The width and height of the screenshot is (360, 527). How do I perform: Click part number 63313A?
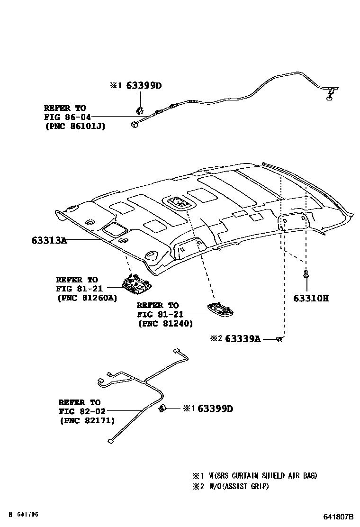click(x=49, y=241)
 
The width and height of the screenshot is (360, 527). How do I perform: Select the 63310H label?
click(x=310, y=298)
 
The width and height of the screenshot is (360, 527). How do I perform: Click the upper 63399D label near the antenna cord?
click(x=144, y=86)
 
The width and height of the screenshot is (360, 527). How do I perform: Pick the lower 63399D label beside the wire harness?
click(x=215, y=409)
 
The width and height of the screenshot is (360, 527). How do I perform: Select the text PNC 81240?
click(x=165, y=324)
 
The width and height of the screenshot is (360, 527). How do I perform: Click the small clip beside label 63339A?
click(x=279, y=339)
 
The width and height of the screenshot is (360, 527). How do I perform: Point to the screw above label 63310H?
click(x=306, y=274)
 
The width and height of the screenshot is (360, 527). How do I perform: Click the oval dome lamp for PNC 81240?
click(x=221, y=309)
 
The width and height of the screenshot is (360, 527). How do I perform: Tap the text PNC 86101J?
click(x=75, y=127)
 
